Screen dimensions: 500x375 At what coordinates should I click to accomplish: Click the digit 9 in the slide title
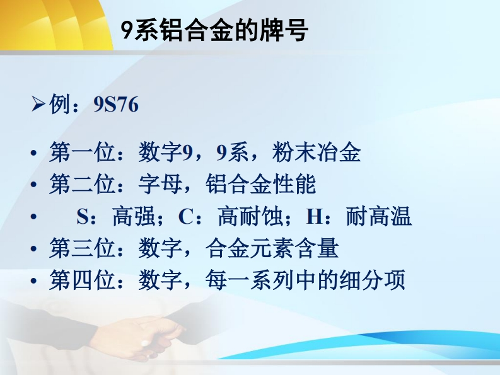point(127,31)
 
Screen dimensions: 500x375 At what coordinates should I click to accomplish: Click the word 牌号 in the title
point(284,30)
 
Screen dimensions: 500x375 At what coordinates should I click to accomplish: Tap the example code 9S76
point(116,104)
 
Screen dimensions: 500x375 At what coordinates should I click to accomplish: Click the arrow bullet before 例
point(38,104)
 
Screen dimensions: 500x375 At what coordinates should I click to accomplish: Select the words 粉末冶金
point(317,152)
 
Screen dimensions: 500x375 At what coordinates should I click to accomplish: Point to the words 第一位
point(82,152)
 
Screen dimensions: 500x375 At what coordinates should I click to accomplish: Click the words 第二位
point(82,184)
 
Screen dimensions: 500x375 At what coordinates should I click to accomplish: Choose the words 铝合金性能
point(260,184)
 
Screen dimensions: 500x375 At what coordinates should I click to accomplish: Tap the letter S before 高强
point(82,217)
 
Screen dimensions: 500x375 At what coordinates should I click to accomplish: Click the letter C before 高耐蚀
point(185,217)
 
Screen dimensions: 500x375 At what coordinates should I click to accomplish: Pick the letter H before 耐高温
point(314,217)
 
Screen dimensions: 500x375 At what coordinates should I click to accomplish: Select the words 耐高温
point(379,216)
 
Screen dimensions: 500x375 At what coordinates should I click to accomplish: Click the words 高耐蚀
point(250,216)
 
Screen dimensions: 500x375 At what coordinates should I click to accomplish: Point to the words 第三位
point(82,248)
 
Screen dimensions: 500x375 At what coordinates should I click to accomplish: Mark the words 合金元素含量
point(272,248)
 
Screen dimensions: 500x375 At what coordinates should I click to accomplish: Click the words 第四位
point(82,280)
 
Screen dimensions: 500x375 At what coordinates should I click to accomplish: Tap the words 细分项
point(372,280)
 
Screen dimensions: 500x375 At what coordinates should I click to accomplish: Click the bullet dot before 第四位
point(34,281)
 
